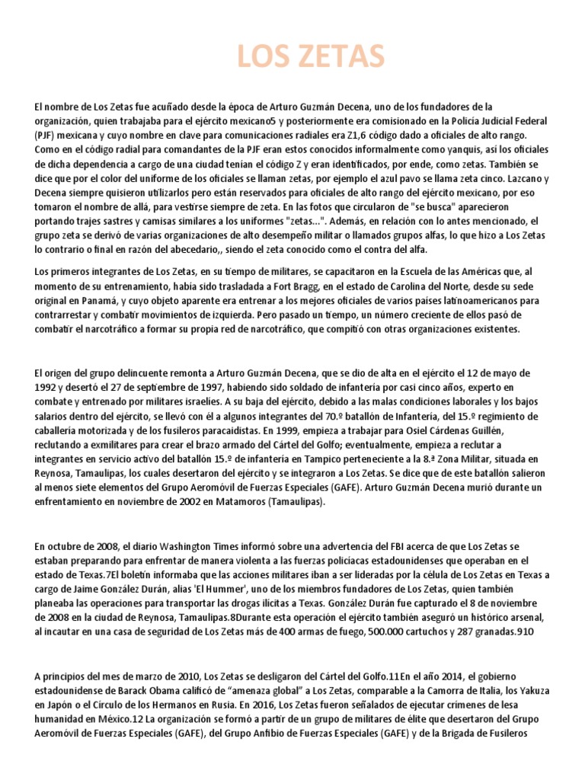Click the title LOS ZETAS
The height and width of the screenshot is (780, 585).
coord(310,57)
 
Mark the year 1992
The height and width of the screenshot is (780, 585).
coord(46,388)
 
